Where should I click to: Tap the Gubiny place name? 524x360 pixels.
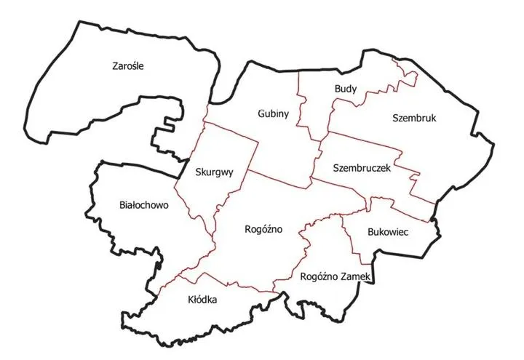[273, 113]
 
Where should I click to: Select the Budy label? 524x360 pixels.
[345, 89]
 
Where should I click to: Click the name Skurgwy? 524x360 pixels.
[215, 172]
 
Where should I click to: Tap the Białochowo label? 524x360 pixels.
[143, 205]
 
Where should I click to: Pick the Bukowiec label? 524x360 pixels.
[387, 231]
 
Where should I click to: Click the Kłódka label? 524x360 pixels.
[202, 299]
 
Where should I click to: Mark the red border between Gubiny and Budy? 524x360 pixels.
[300, 102]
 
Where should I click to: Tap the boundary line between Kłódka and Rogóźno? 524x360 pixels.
[233, 284]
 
